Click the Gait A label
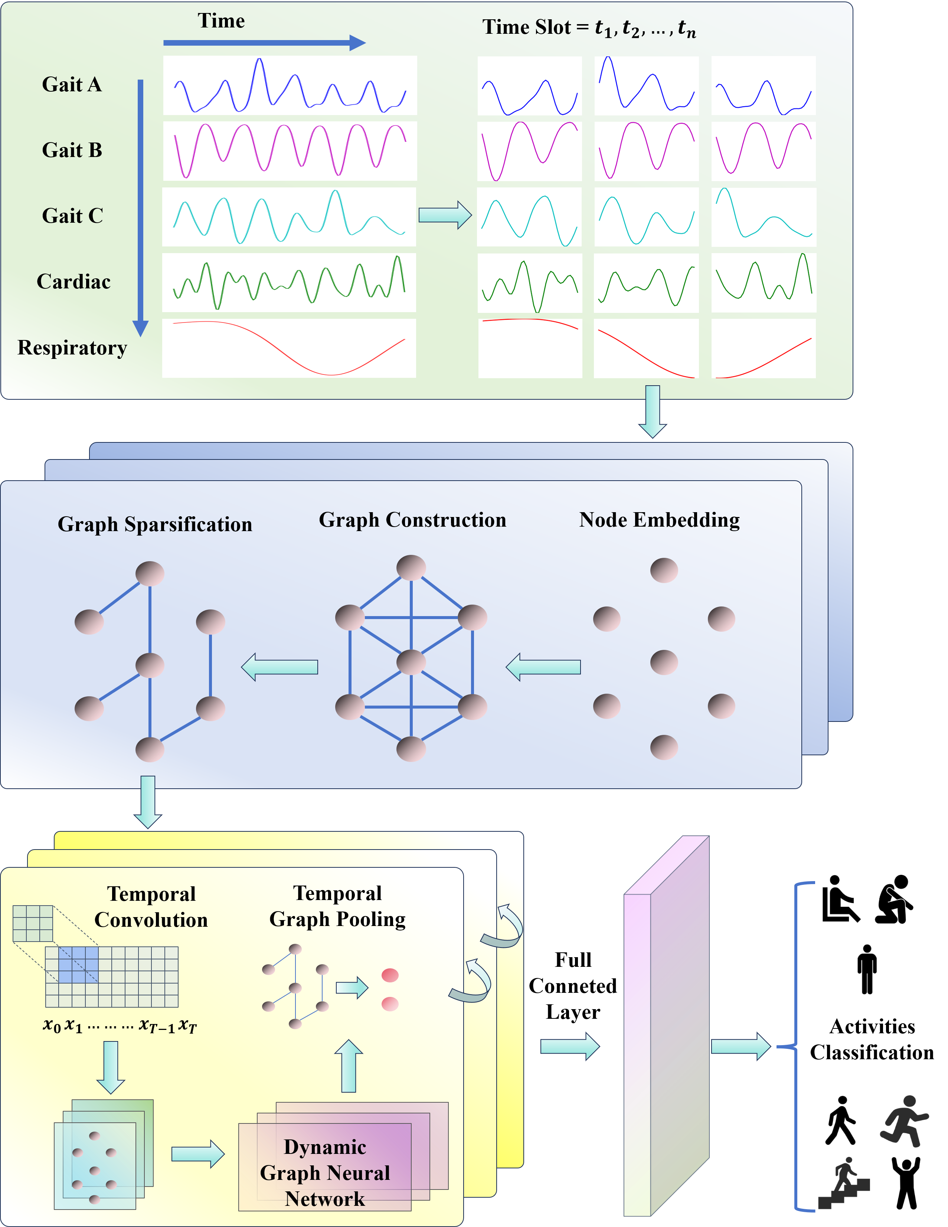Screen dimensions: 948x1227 coord(72,84)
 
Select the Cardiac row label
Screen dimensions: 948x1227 coord(73,281)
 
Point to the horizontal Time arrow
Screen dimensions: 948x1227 coord(264,43)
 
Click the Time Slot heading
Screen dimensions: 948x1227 coord(589,27)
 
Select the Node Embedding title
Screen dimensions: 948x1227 coord(660,520)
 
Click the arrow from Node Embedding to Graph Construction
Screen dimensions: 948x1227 coord(543,667)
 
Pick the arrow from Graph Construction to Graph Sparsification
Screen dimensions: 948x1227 coord(279,667)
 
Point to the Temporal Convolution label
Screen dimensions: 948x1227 coord(151,907)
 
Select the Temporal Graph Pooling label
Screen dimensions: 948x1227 coord(337,906)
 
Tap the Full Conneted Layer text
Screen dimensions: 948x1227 coord(573,986)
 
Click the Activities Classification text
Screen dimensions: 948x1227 coord(872,1039)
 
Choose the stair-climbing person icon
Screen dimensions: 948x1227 coord(844,1183)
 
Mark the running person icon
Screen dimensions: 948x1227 coord(904,1121)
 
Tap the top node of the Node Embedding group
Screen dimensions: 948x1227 coord(664,570)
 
